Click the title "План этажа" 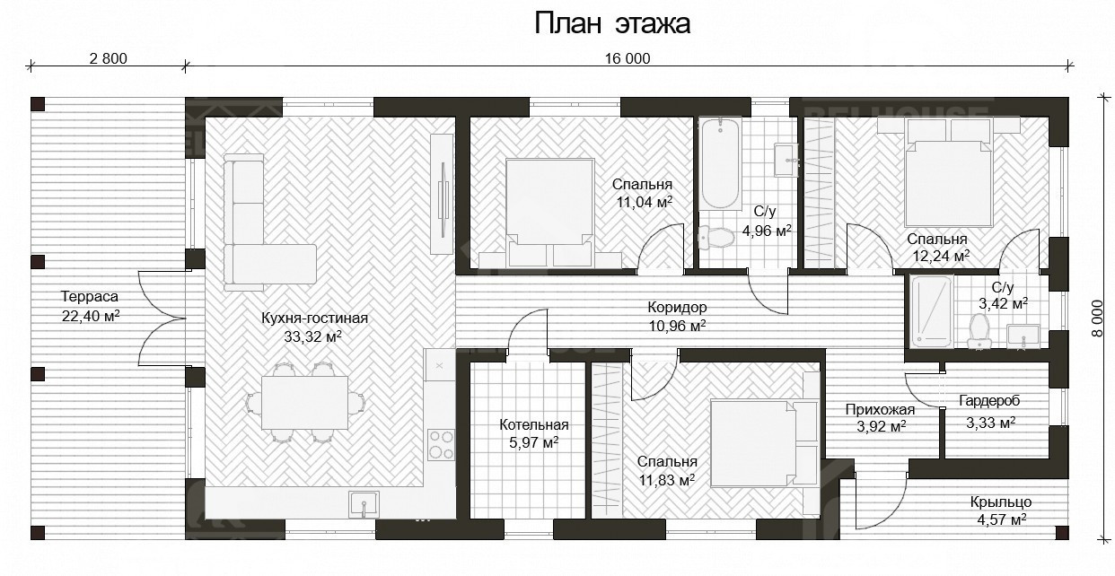point(612,23)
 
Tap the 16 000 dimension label point(627,59)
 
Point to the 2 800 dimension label point(109,59)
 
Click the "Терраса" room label point(89,296)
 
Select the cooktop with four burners point(441,444)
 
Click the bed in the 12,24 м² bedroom point(947,179)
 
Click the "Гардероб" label point(989,401)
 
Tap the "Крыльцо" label point(999,502)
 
